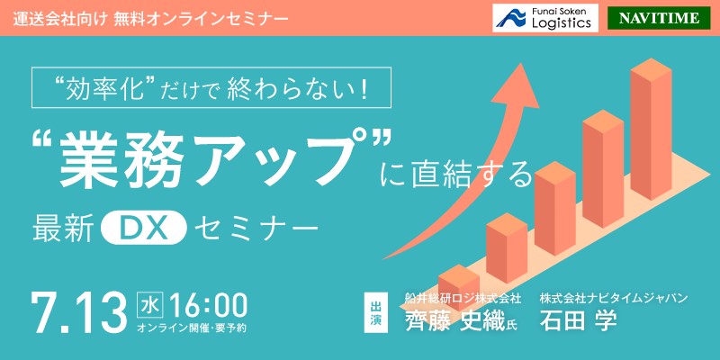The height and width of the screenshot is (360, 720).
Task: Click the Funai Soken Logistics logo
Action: coord(545,18)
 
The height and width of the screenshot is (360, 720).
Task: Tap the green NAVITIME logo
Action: coord(659,18)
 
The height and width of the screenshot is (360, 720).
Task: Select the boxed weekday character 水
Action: coord(148,305)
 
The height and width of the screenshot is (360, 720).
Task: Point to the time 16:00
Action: coord(209,305)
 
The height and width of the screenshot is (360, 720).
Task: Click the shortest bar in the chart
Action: coord(459,286)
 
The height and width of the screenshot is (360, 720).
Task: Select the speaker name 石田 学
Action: coord(579,320)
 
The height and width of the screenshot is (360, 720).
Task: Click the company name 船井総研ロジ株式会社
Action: coord(463,298)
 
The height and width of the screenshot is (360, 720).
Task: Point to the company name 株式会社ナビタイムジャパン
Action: coord(614,298)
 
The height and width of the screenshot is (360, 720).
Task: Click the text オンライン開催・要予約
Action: coord(193,328)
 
